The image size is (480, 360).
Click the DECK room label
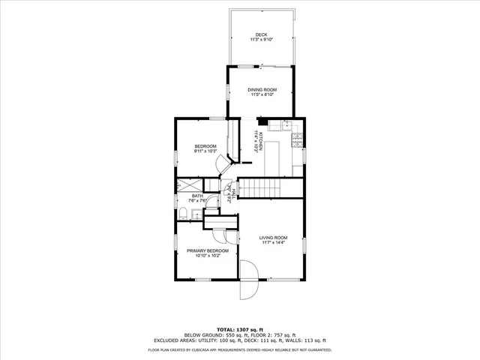(x=261, y=34)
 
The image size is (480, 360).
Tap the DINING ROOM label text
(x=261, y=90)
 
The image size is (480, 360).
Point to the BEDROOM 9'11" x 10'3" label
(x=205, y=146)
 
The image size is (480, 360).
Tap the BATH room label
(x=197, y=196)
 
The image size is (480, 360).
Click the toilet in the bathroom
(x=182, y=215)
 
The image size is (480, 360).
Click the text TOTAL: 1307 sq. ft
(x=239, y=329)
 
